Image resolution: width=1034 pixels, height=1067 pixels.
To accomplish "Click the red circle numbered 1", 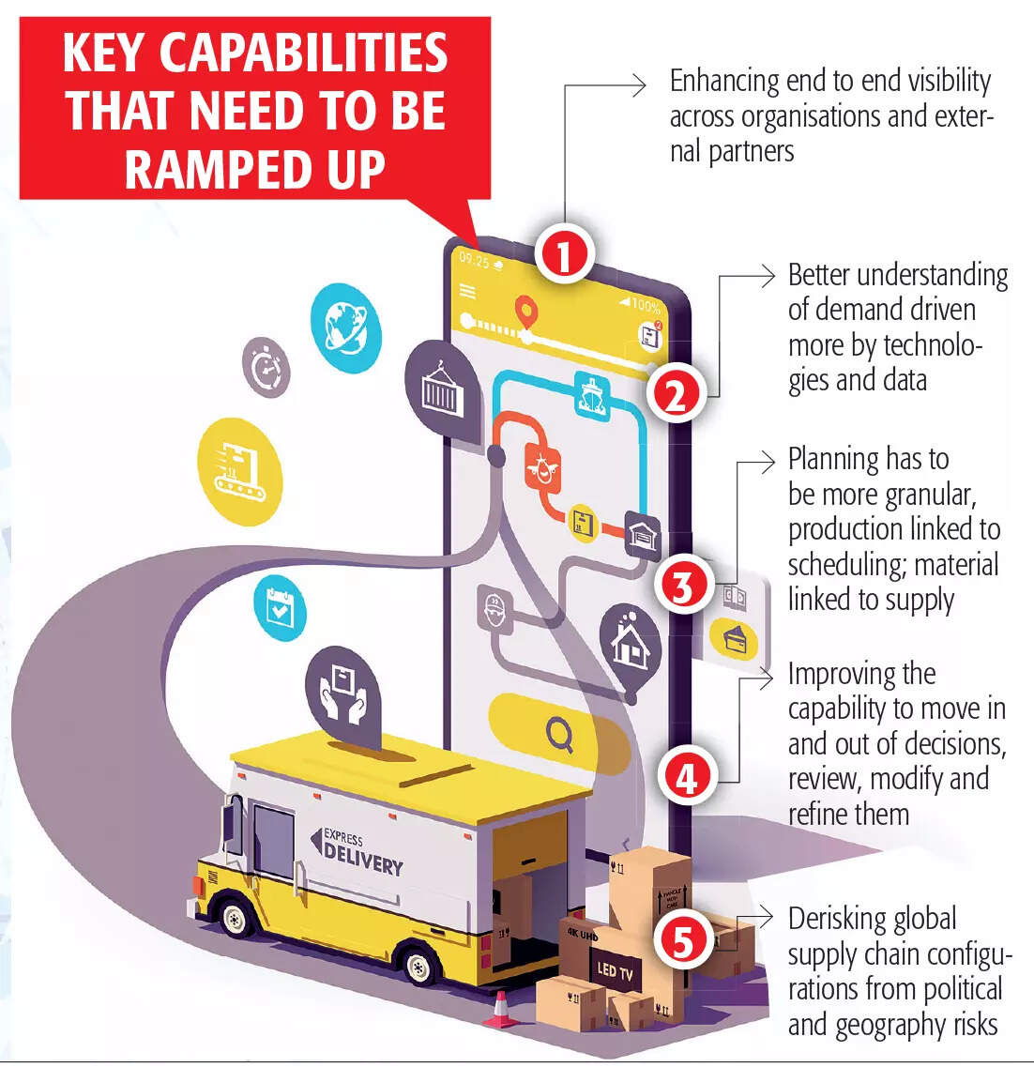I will tap(563, 254).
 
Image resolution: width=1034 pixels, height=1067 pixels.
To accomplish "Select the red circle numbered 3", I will tap(683, 586).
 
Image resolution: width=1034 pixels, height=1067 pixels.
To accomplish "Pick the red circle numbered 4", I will tap(687, 777).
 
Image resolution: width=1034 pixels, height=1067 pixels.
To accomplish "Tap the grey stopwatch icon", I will tap(266, 368).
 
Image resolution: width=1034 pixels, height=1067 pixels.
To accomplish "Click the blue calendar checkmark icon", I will tap(280, 606).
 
